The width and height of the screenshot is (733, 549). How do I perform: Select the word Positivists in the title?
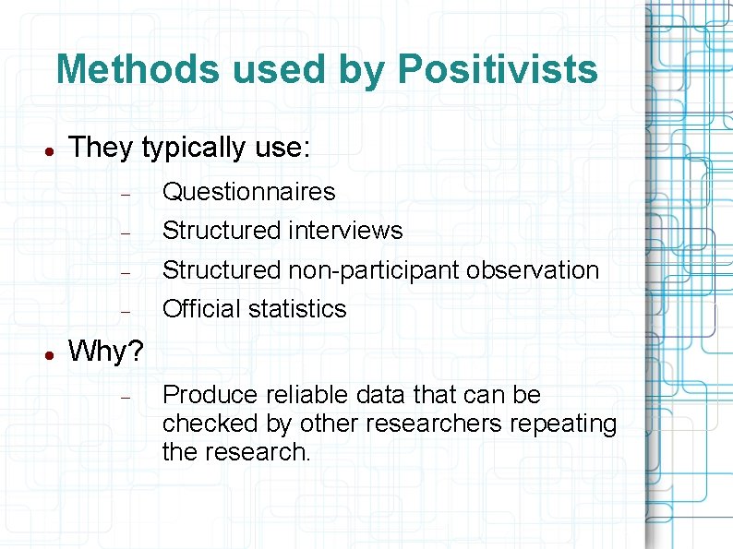click(498, 69)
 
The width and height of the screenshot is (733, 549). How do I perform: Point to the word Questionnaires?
click(248, 192)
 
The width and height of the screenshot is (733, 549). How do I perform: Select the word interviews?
click(345, 230)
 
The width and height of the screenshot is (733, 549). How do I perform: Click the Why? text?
click(106, 352)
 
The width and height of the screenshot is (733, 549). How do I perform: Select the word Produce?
click(210, 395)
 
